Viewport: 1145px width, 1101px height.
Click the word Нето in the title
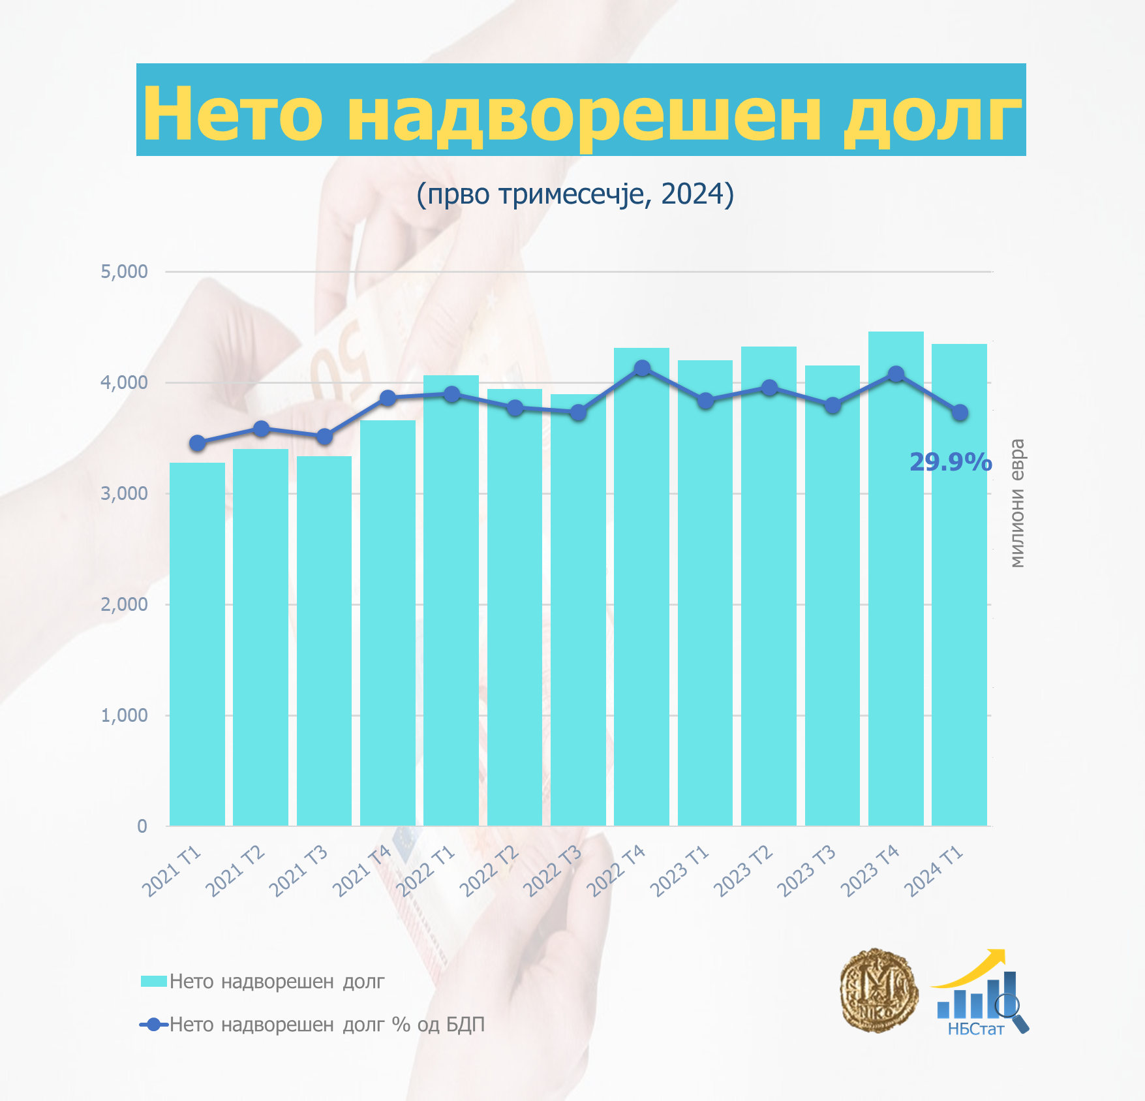[233, 114]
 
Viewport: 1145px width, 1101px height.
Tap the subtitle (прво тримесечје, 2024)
[575, 194]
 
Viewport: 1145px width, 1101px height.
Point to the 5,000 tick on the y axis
[124, 271]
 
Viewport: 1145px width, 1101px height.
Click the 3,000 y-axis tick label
[124, 493]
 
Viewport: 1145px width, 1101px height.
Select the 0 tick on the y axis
[142, 826]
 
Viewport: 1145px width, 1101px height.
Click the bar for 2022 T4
[641, 587]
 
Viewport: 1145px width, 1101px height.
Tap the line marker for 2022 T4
[642, 368]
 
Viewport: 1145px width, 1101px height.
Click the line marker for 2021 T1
[198, 443]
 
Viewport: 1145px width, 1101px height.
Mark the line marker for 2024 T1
[960, 412]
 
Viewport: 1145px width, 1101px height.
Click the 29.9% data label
[951, 462]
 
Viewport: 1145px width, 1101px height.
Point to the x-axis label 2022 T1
[427, 871]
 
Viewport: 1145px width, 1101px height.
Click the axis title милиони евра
[1016, 503]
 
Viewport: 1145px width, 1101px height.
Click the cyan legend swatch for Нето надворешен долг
[153, 981]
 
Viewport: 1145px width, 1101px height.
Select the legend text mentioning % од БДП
[327, 1025]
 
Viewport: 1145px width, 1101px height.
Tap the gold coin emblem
[878, 990]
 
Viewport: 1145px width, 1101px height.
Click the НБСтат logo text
[975, 1029]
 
